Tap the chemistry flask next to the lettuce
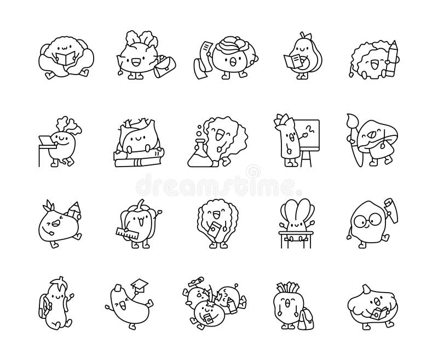pyautogui.click(x=199, y=154)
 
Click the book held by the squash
pyautogui.click(x=378, y=313)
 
